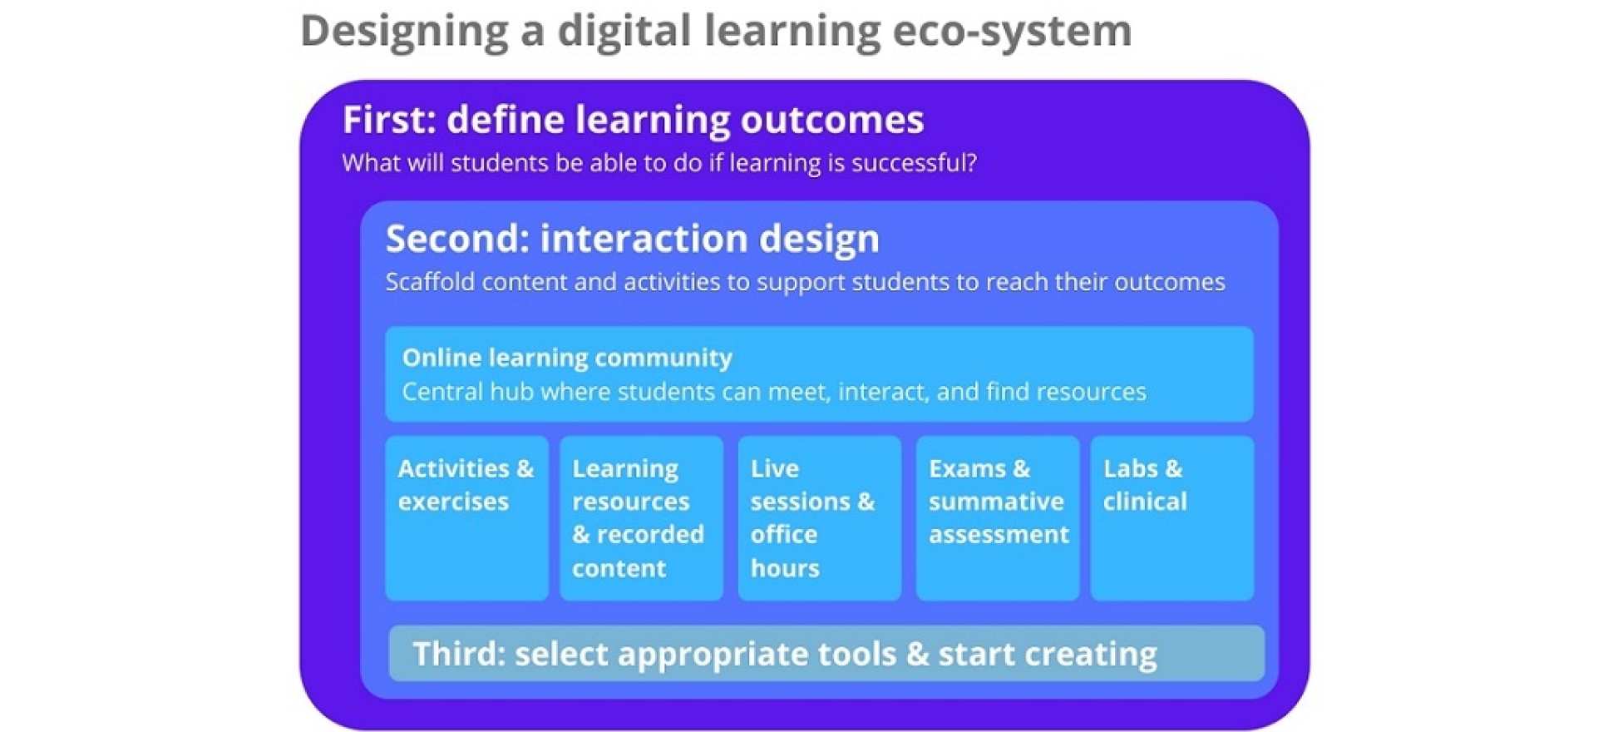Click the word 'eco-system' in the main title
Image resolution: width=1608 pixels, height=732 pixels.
[1012, 31]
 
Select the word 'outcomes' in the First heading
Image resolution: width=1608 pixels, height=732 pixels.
[831, 120]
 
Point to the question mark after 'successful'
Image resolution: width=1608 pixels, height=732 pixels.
[970, 162]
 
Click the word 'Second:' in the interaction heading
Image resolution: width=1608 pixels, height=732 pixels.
[457, 239]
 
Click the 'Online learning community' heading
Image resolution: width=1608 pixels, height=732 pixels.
[567, 358]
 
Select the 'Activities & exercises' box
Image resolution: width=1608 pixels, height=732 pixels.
[466, 518]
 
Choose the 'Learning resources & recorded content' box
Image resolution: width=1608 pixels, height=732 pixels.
[641, 518]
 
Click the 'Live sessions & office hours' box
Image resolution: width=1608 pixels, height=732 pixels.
[819, 518]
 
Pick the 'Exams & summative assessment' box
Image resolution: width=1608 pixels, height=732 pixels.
[997, 518]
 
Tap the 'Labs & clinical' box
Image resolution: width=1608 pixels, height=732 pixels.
[1171, 518]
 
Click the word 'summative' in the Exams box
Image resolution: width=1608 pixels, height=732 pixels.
[996, 502]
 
